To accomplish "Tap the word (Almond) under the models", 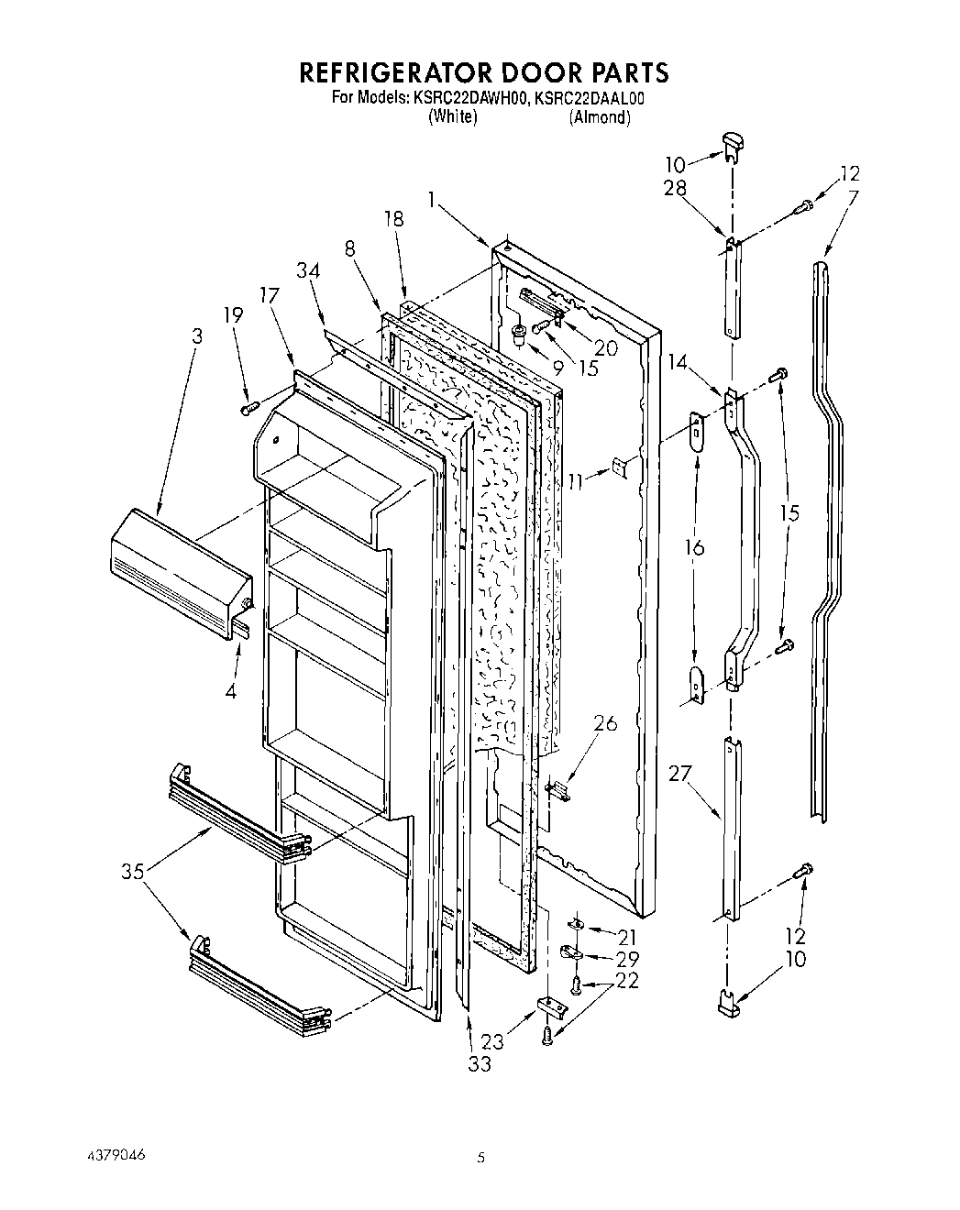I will coord(599,117).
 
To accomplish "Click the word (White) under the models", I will coord(452,117).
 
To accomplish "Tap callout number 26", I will coord(605,724).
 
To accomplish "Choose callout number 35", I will coord(133,872).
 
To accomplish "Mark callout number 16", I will coord(695,548).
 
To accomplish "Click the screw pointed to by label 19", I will coord(247,408).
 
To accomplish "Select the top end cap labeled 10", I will coord(732,140).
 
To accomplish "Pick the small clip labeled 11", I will coord(621,467).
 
